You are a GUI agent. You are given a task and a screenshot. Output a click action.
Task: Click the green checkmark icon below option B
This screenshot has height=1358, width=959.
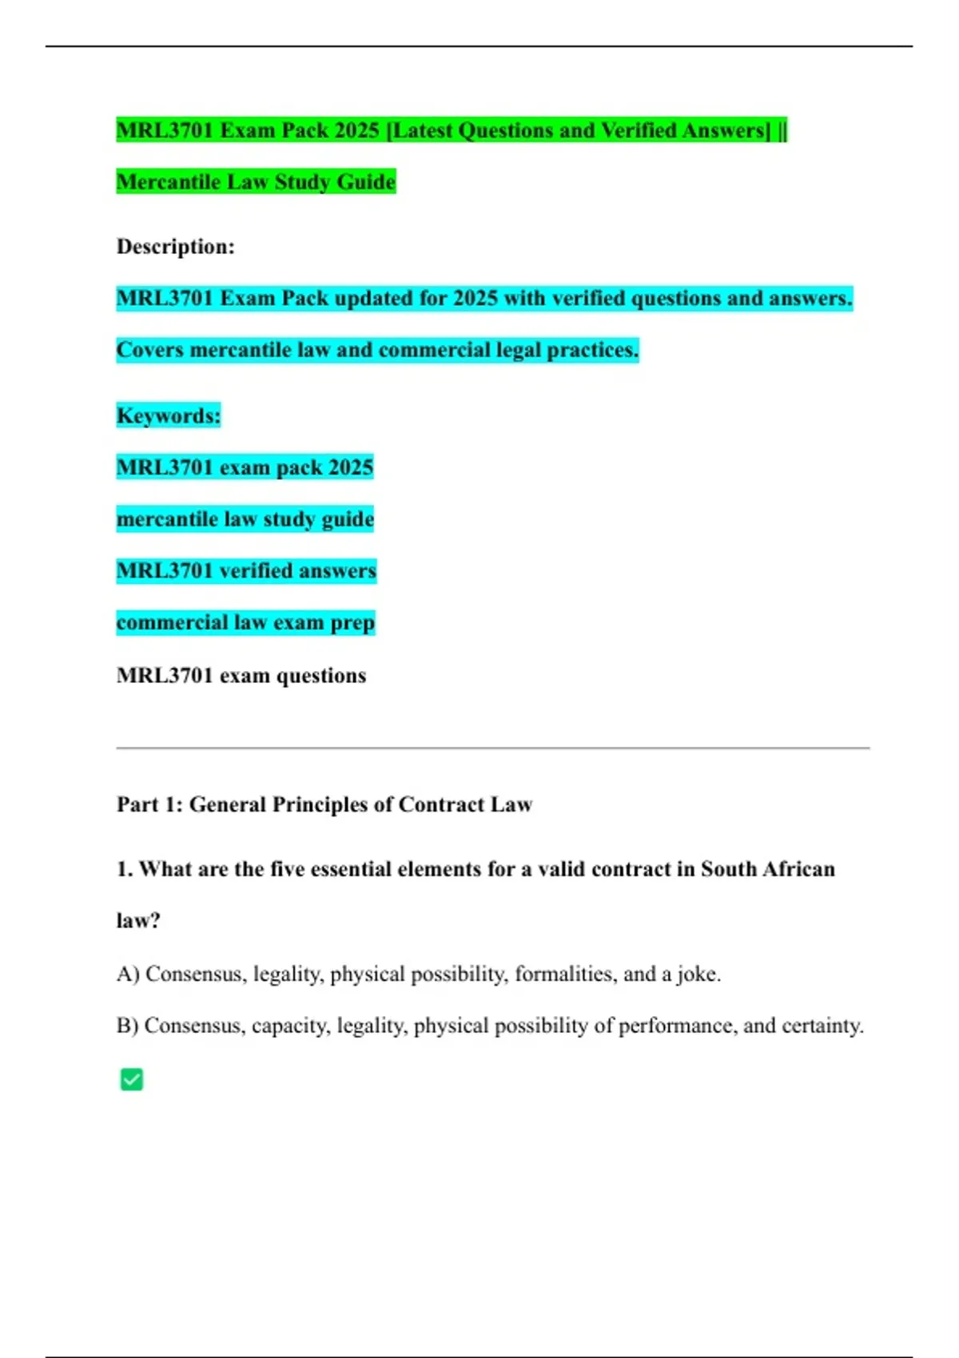131,1079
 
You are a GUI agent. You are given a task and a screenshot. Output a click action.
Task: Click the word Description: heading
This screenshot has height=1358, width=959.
176,247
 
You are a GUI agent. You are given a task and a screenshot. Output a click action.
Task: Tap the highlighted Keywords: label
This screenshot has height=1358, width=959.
168,415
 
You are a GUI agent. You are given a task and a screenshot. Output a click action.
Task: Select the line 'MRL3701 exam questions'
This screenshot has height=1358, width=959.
241,676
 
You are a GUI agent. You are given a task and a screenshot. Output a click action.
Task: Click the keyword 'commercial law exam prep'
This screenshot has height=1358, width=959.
245,622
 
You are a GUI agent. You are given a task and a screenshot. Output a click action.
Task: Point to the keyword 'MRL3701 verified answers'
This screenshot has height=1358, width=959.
246,570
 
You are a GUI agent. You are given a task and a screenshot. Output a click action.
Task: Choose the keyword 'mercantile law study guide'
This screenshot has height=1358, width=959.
245,519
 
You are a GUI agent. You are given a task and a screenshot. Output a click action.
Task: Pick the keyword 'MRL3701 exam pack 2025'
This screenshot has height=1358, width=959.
245,467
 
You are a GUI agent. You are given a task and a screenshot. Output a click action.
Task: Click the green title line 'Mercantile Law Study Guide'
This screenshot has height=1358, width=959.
256,182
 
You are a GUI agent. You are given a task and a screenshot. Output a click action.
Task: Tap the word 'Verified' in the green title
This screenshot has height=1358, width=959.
638,130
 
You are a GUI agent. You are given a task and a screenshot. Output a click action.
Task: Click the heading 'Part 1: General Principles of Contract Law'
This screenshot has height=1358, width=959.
324,804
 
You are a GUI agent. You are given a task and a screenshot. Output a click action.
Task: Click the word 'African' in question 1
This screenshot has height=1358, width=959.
798,869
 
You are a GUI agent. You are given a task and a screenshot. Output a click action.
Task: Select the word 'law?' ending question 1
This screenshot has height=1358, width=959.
138,921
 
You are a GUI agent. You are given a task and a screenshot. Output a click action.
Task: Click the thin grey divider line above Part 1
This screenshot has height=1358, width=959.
492,748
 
